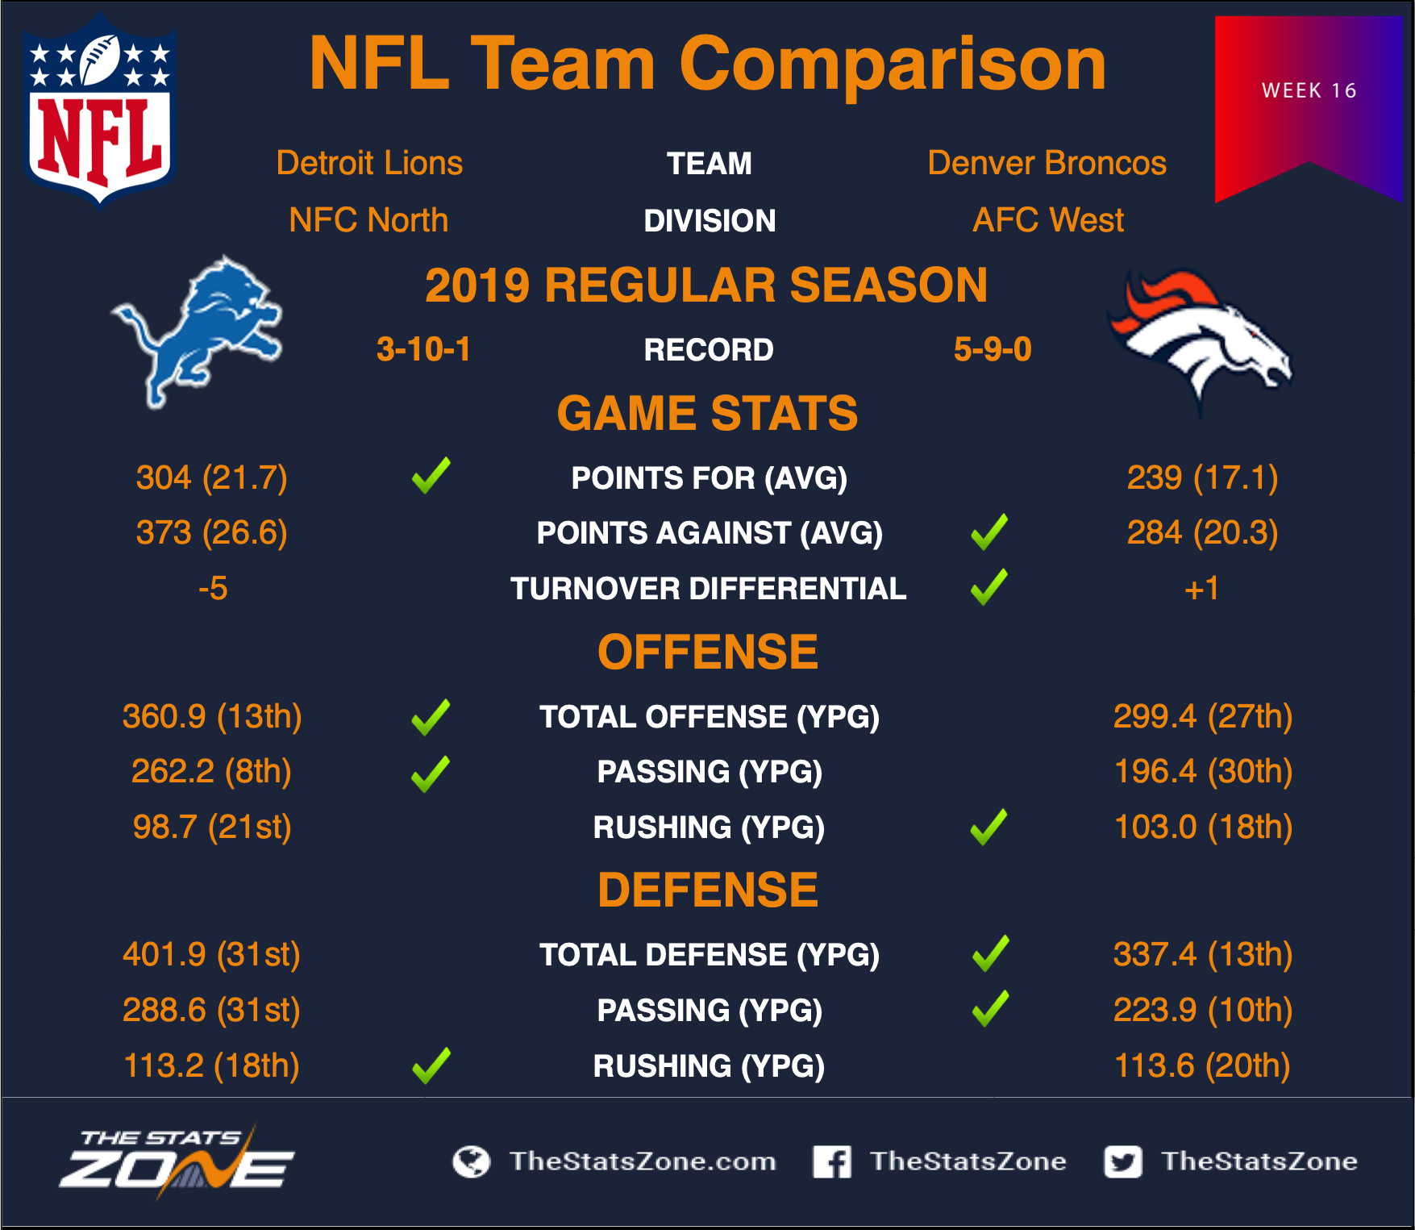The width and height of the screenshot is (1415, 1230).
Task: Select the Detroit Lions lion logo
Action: [198, 331]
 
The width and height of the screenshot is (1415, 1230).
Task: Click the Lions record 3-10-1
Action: [423, 349]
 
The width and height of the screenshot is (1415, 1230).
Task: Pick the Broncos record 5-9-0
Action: [993, 349]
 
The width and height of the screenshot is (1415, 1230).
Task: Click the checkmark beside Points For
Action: [431, 476]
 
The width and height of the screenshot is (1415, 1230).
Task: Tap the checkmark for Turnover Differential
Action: [989, 587]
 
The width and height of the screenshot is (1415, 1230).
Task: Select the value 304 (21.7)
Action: [212, 477]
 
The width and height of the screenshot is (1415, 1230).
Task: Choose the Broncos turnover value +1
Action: [1201, 589]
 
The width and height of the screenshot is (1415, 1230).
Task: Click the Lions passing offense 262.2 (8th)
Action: [211, 771]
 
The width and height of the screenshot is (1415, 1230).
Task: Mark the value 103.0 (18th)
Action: [1203, 827]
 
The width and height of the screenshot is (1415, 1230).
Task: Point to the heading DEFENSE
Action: [708, 890]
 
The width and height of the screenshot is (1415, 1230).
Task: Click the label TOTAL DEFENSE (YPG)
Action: [710, 955]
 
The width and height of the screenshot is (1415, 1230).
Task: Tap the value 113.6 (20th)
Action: [1202, 1065]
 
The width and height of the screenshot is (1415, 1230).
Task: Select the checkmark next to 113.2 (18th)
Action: [431, 1065]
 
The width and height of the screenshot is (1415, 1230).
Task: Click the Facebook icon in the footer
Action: [832, 1161]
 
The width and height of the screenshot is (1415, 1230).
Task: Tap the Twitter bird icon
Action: [1123, 1161]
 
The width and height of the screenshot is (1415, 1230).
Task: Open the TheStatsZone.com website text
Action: [643, 1161]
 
